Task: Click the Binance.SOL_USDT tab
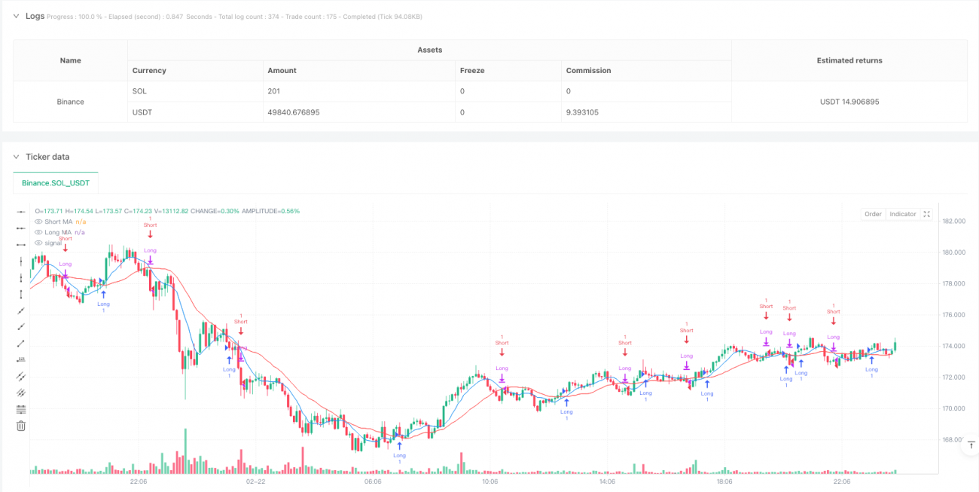click(x=56, y=183)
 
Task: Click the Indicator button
click(x=902, y=215)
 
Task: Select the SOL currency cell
click(x=139, y=91)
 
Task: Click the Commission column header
click(x=589, y=70)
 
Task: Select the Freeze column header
click(x=471, y=70)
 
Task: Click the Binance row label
click(x=71, y=102)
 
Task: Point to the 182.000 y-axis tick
click(x=953, y=221)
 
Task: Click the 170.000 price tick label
click(x=953, y=408)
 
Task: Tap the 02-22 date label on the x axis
click(x=255, y=481)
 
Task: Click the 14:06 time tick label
click(x=607, y=481)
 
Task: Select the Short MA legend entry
click(x=58, y=222)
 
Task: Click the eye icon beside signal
click(x=38, y=243)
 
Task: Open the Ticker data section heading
click(x=47, y=157)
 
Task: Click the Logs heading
click(x=35, y=16)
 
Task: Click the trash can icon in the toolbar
click(x=21, y=426)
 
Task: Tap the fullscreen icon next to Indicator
click(x=927, y=215)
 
